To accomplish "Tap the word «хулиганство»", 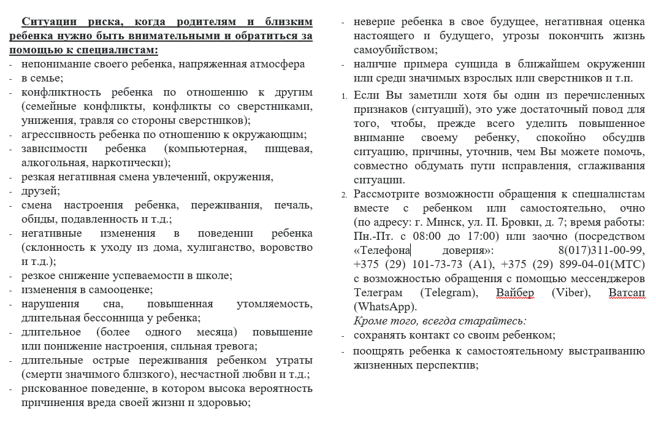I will coord(213,247).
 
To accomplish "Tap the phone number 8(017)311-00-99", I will coord(601,250).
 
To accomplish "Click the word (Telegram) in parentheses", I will coord(449,293).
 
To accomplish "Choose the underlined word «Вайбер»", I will coord(515,293).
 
